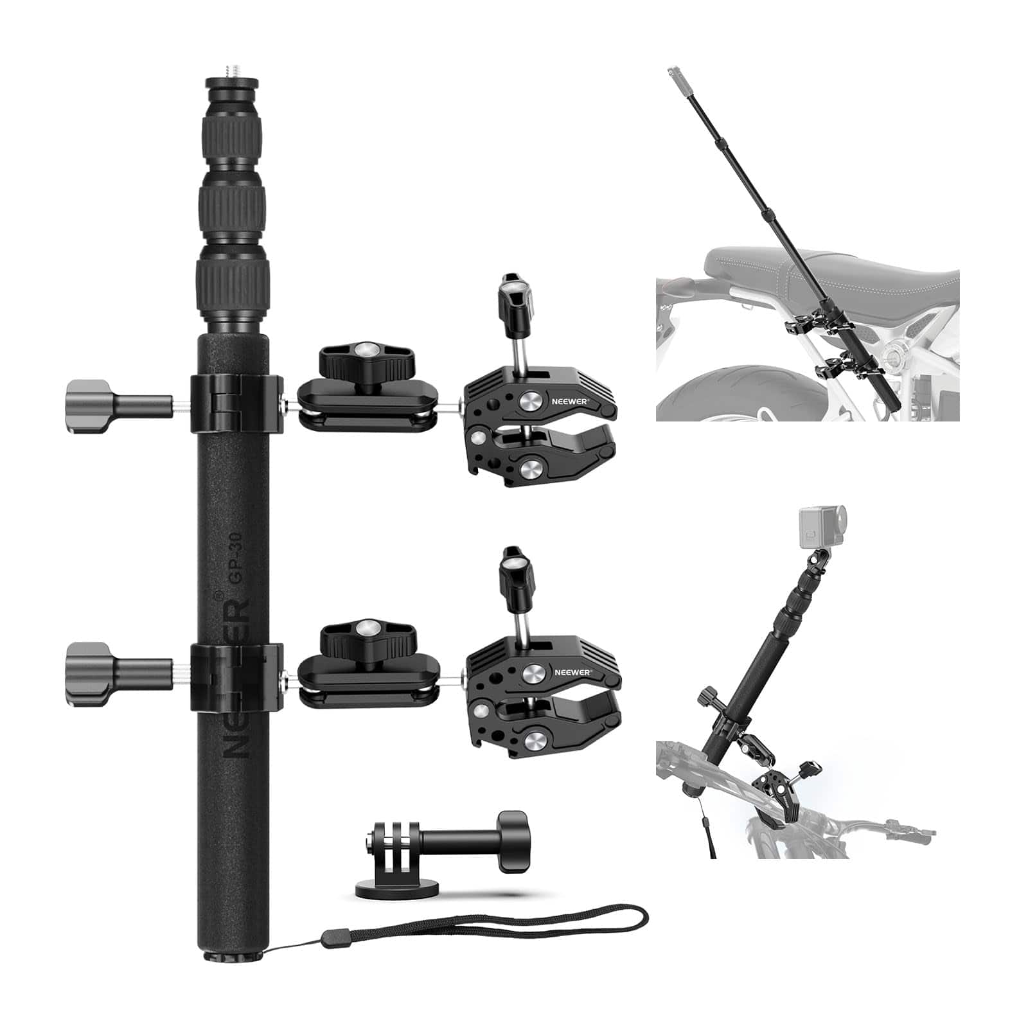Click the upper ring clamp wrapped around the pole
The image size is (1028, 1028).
[x=236, y=403]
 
